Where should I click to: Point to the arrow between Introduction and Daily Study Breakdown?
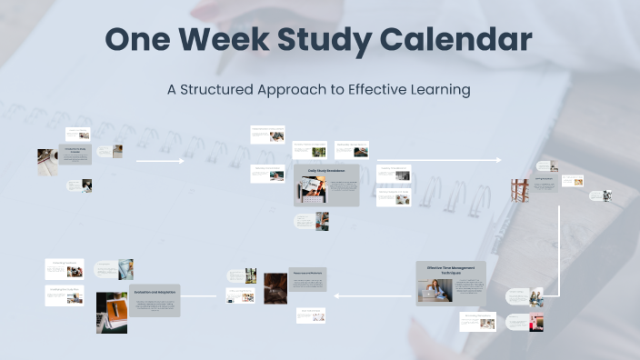click(160, 161)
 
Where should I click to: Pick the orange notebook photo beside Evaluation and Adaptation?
click(112, 312)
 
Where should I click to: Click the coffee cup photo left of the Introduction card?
click(47, 163)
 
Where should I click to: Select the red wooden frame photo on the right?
click(520, 190)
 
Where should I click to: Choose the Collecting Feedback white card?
click(65, 294)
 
